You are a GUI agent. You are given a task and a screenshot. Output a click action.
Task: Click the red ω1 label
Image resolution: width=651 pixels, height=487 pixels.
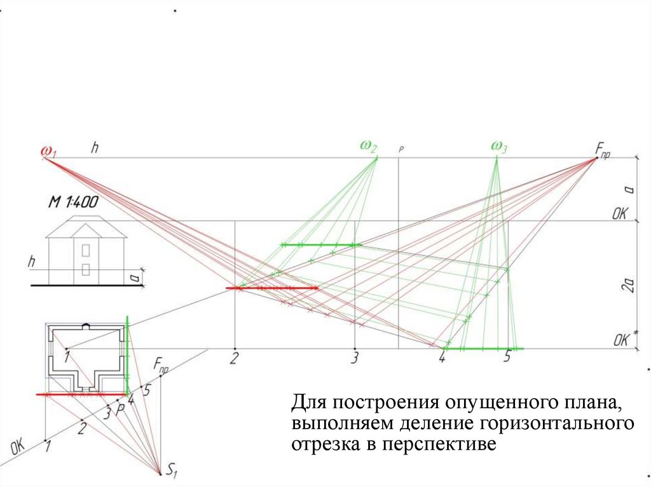pos(49,152)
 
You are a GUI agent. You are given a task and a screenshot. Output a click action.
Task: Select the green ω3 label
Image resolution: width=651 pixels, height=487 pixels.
pos(498,147)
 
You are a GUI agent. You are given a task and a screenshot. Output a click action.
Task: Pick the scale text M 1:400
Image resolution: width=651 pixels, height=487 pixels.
pos(73,204)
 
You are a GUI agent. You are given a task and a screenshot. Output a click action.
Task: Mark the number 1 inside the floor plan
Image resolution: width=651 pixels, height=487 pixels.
pos(66,358)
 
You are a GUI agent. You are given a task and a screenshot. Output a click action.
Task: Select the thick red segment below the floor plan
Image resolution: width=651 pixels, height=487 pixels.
pos(83,394)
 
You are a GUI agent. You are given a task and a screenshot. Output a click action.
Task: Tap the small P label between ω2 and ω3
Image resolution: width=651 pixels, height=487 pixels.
pos(401,150)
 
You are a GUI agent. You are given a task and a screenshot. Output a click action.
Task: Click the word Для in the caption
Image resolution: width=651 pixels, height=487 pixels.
pos(308,403)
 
